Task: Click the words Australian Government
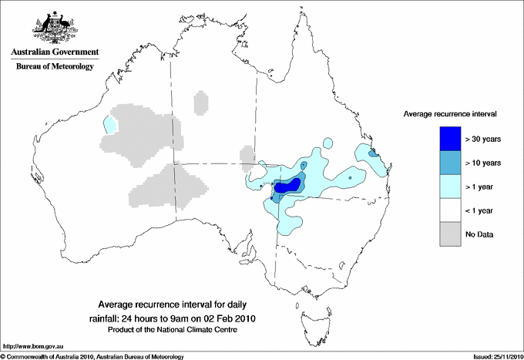55,52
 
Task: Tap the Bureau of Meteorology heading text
55,66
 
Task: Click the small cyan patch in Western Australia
112,123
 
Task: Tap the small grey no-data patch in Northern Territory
200,101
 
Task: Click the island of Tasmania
311,315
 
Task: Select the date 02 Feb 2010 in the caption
227,318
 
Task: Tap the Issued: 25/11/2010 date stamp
492,356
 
